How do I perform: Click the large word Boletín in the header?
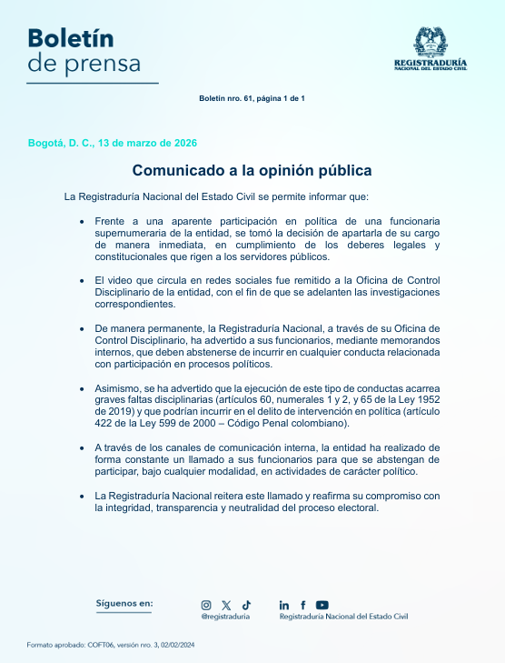(70, 37)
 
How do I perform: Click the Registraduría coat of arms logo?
(431, 42)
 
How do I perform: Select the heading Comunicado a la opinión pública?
(252, 170)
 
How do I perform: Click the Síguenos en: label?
(124, 603)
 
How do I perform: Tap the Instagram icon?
(206, 605)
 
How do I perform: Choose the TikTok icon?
(246, 604)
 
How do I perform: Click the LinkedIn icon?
(284, 605)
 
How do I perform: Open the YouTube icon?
(322, 605)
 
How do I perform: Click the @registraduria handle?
(225, 617)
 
